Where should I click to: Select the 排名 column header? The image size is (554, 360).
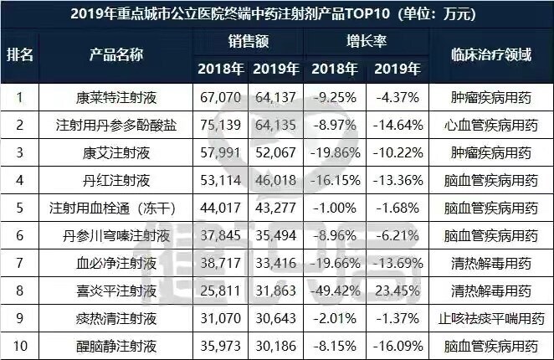20,54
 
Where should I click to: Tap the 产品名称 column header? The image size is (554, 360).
114,54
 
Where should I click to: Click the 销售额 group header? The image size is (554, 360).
249,40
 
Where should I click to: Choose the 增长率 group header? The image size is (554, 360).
367,40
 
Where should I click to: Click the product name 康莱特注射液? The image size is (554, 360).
114,98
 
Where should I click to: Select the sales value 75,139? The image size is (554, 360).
220,126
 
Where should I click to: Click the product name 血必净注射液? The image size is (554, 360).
114,264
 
